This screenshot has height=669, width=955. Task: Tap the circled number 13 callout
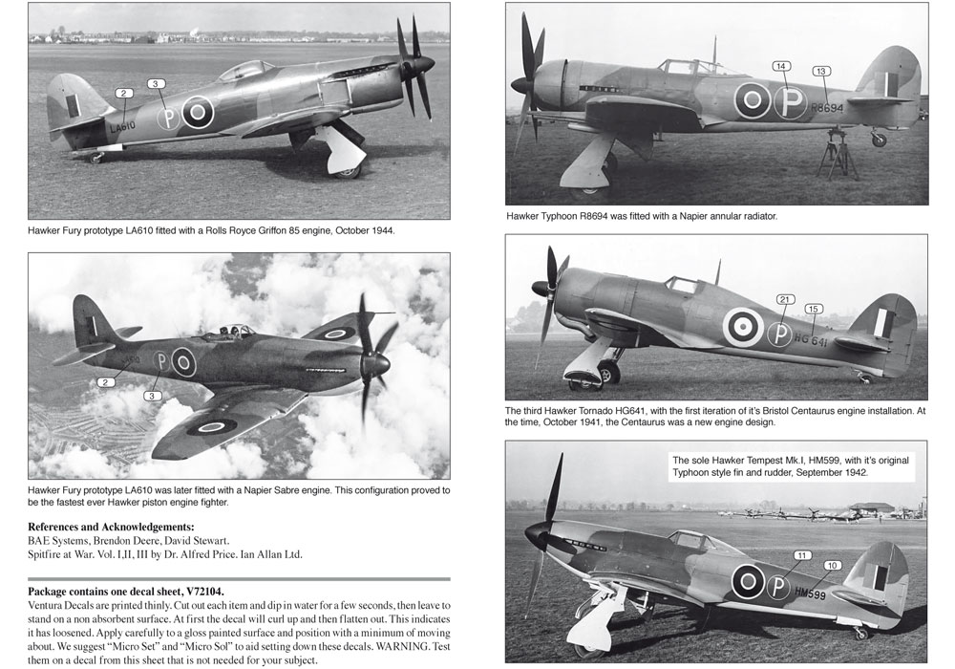(x=820, y=72)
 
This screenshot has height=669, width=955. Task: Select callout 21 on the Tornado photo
(x=784, y=299)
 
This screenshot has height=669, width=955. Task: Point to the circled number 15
(x=813, y=309)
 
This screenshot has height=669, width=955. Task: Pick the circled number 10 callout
(x=831, y=566)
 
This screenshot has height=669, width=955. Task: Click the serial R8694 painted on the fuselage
(x=828, y=109)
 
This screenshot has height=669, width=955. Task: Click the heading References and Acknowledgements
(x=112, y=527)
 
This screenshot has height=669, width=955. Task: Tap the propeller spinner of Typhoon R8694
(x=520, y=85)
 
